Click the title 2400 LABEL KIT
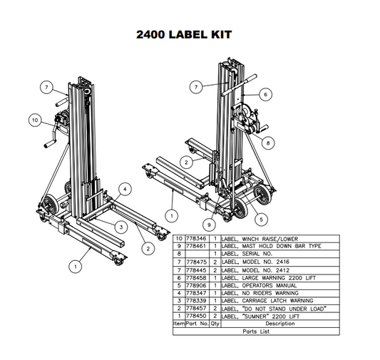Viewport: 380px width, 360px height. click(x=183, y=34)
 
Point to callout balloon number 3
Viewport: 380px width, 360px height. click(x=122, y=226)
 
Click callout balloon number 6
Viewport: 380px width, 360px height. click(x=264, y=93)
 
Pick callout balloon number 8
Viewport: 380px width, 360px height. click(x=267, y=143)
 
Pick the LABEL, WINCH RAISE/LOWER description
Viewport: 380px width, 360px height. click(x=261, y=238)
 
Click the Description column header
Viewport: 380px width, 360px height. click(x=279, y=324)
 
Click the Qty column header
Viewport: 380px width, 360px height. click(x=215, y=324)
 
